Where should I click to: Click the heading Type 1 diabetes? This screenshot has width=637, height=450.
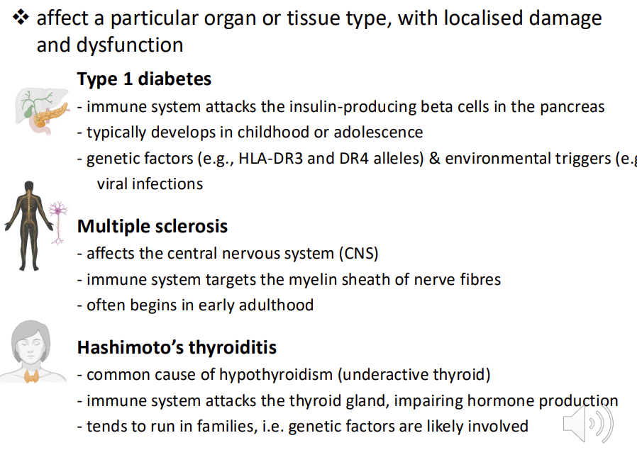(x=144, y=79)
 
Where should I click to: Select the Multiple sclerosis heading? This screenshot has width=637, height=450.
(x=152, y=226)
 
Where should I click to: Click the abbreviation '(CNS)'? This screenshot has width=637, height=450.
(x=358, y=253)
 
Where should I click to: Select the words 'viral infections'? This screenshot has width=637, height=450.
(x=150, y=184)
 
